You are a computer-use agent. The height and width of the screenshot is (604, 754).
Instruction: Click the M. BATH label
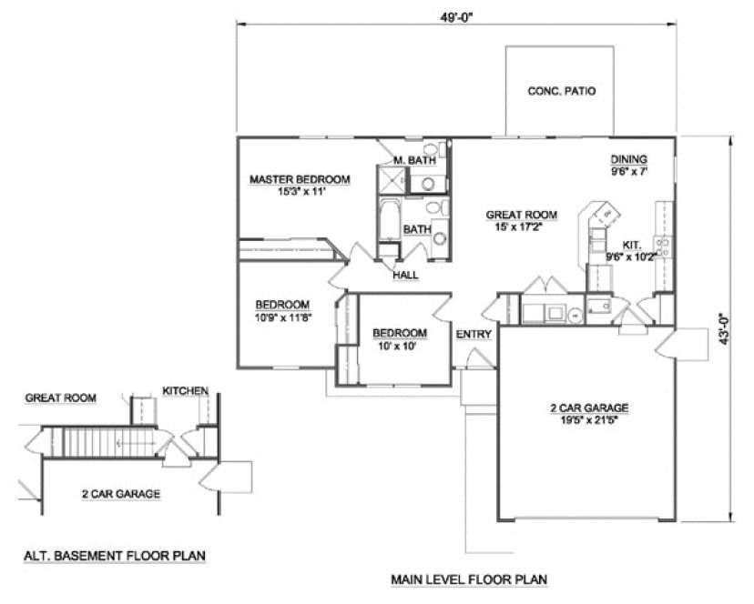414,160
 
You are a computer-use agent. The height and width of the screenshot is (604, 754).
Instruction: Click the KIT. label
631,245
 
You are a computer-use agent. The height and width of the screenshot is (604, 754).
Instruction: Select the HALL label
405,275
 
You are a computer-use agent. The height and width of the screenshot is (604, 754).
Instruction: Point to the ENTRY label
474,335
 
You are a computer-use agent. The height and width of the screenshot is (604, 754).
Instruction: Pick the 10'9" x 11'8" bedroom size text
281,317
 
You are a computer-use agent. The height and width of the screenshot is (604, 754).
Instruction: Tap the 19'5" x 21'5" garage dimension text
590,421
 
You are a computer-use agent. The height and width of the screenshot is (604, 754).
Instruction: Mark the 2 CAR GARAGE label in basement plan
121,494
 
